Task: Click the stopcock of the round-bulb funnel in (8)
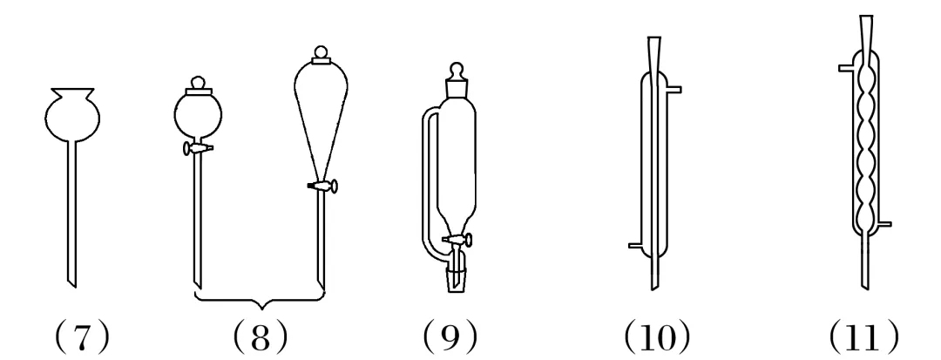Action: [198, 150]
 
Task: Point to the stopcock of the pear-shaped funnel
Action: [324, 185]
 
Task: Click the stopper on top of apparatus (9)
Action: [455, 80]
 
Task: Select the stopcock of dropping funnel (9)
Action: [460, 239]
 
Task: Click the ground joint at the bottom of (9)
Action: [455, 278]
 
